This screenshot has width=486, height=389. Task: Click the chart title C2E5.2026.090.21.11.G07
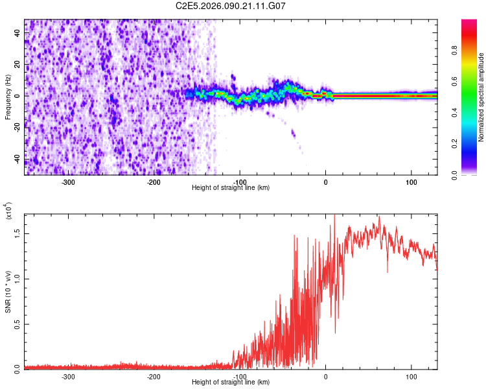coord(231,6)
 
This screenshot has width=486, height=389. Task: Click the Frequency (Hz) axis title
coord(8,97)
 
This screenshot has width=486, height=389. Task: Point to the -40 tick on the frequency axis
coord(16,159)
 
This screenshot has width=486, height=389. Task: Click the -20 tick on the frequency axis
coord(16,128)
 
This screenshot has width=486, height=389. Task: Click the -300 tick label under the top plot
coord(68,182)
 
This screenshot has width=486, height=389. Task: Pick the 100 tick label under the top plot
coord(411,182)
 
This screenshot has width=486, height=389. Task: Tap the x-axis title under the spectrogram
coord(231,188)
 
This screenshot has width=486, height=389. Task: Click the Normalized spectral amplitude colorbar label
coord(481,97)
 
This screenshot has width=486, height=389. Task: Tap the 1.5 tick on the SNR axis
coord(16,233)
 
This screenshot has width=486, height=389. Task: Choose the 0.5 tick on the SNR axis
coord(16,324)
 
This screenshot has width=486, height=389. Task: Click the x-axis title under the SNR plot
coord(231,383)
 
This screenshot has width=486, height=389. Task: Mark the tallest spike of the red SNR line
coord(334,214)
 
